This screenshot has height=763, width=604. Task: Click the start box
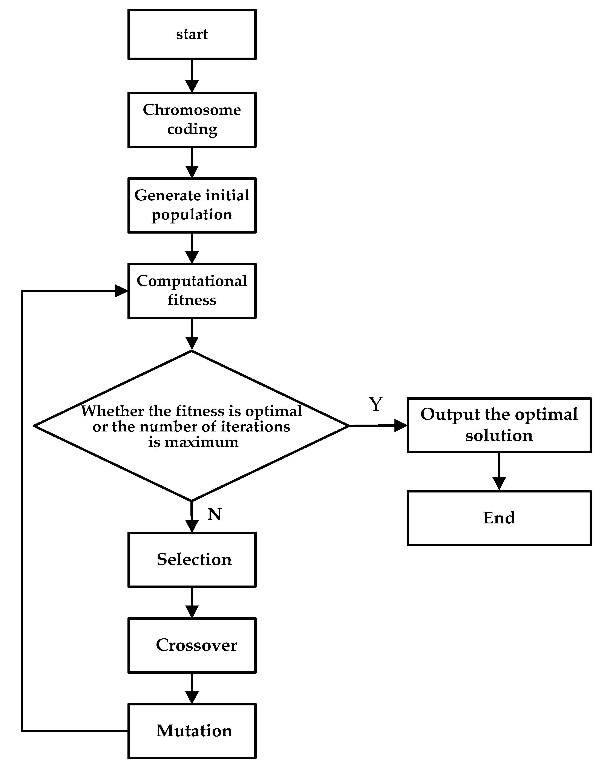point(192,34)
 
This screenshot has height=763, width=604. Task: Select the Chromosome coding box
point(192,120)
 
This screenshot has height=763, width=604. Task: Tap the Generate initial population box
point(192,205)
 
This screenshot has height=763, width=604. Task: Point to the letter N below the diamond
point(214,515)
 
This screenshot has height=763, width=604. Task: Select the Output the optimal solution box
point(499,425)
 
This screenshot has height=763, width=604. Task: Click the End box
point(499,518)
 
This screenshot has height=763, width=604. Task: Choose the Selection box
point(192,560)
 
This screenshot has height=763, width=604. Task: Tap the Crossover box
point(192,645)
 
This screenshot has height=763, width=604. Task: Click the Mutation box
point(192,731)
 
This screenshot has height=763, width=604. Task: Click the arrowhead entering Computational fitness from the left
point(121,291)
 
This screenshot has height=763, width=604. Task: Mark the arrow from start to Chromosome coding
point(192,76)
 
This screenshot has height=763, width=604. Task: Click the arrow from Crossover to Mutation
point(192,688)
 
